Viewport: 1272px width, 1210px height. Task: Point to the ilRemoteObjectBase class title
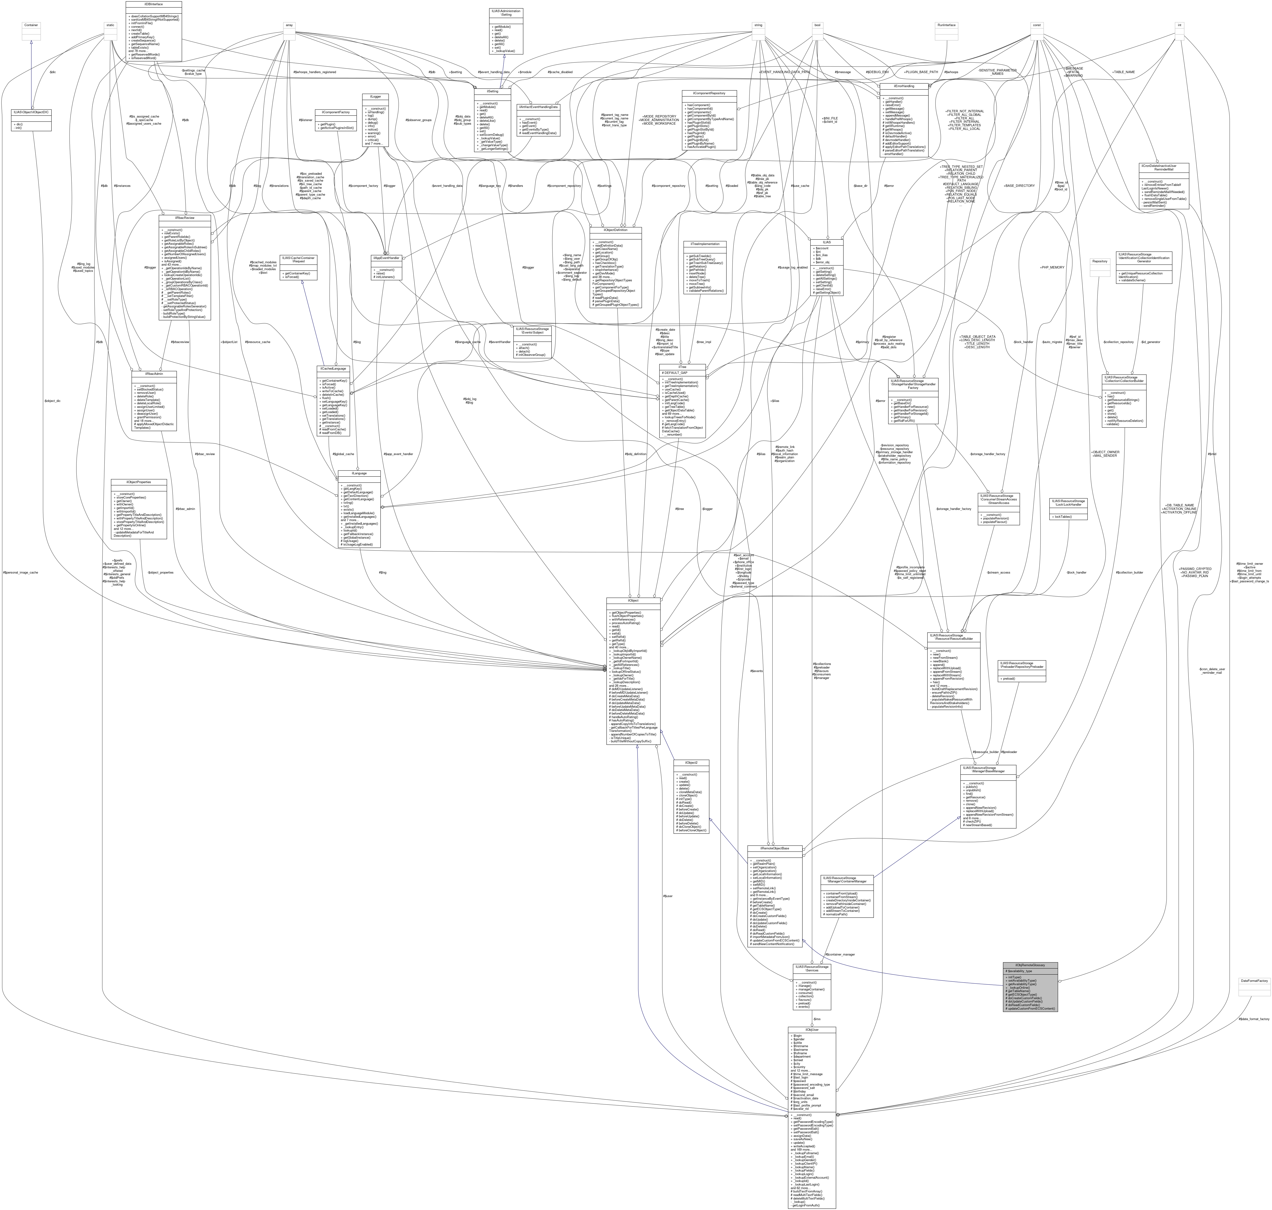click(774, 848)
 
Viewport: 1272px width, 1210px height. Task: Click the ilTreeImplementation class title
click(705, 244)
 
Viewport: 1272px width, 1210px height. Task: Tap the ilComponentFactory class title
click(336, 112)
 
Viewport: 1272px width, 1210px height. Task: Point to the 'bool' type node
click(817, 25)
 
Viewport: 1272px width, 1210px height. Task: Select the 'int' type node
click(1179, 25)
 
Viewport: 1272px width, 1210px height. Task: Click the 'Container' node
click(32, 25)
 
